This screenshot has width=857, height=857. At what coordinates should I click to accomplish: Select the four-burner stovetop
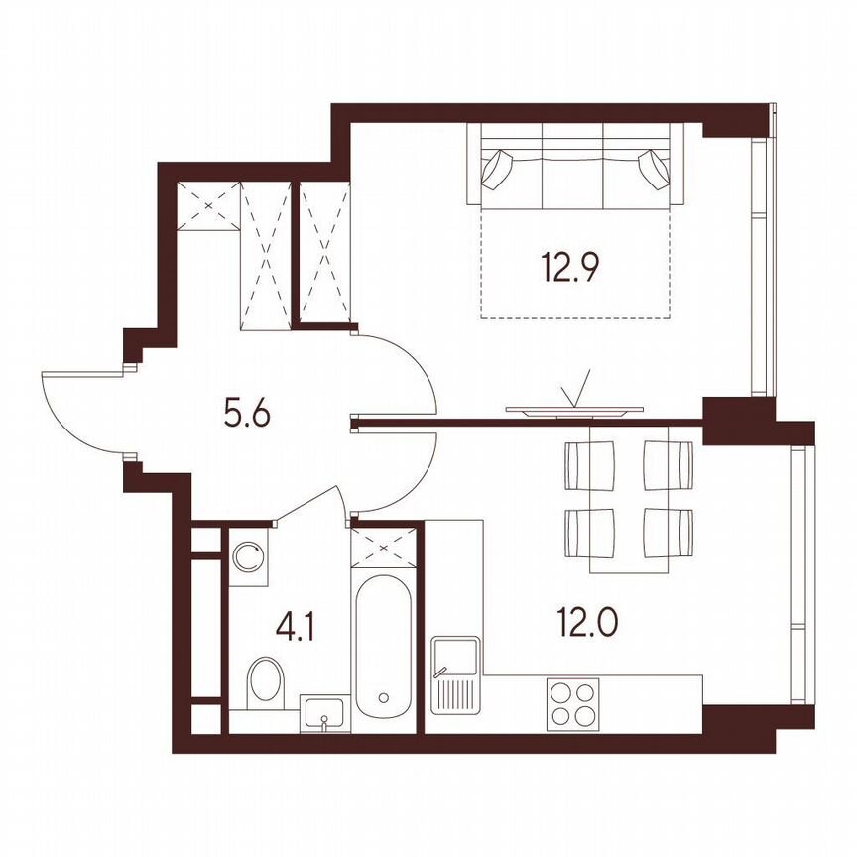(x=574, y=702)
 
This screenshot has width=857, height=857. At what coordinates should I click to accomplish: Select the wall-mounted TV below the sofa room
(x=574, y=408)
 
